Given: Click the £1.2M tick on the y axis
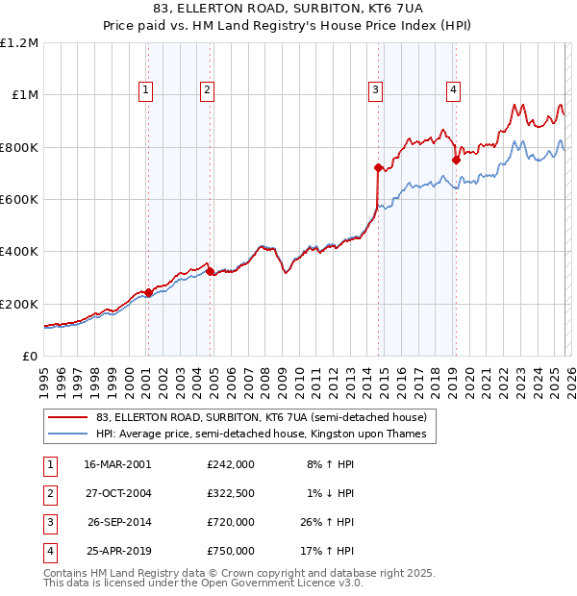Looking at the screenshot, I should point(19,43).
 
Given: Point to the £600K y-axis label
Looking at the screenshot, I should point(19,200).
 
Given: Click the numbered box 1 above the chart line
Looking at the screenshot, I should point(145,90).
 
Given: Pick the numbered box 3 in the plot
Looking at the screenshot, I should point(375,90).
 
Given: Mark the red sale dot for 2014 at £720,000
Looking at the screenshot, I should point(378,168).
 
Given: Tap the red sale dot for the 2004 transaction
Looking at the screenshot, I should point(211,272).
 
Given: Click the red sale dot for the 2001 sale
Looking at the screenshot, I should point(148,293).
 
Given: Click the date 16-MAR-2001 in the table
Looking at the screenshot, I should point(117,463).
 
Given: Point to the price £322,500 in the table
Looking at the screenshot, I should point(231,493).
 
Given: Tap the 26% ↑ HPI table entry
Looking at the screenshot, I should point(330,523).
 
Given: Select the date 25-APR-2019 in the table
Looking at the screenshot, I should point(117,552).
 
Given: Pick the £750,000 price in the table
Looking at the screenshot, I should point(231,552).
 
